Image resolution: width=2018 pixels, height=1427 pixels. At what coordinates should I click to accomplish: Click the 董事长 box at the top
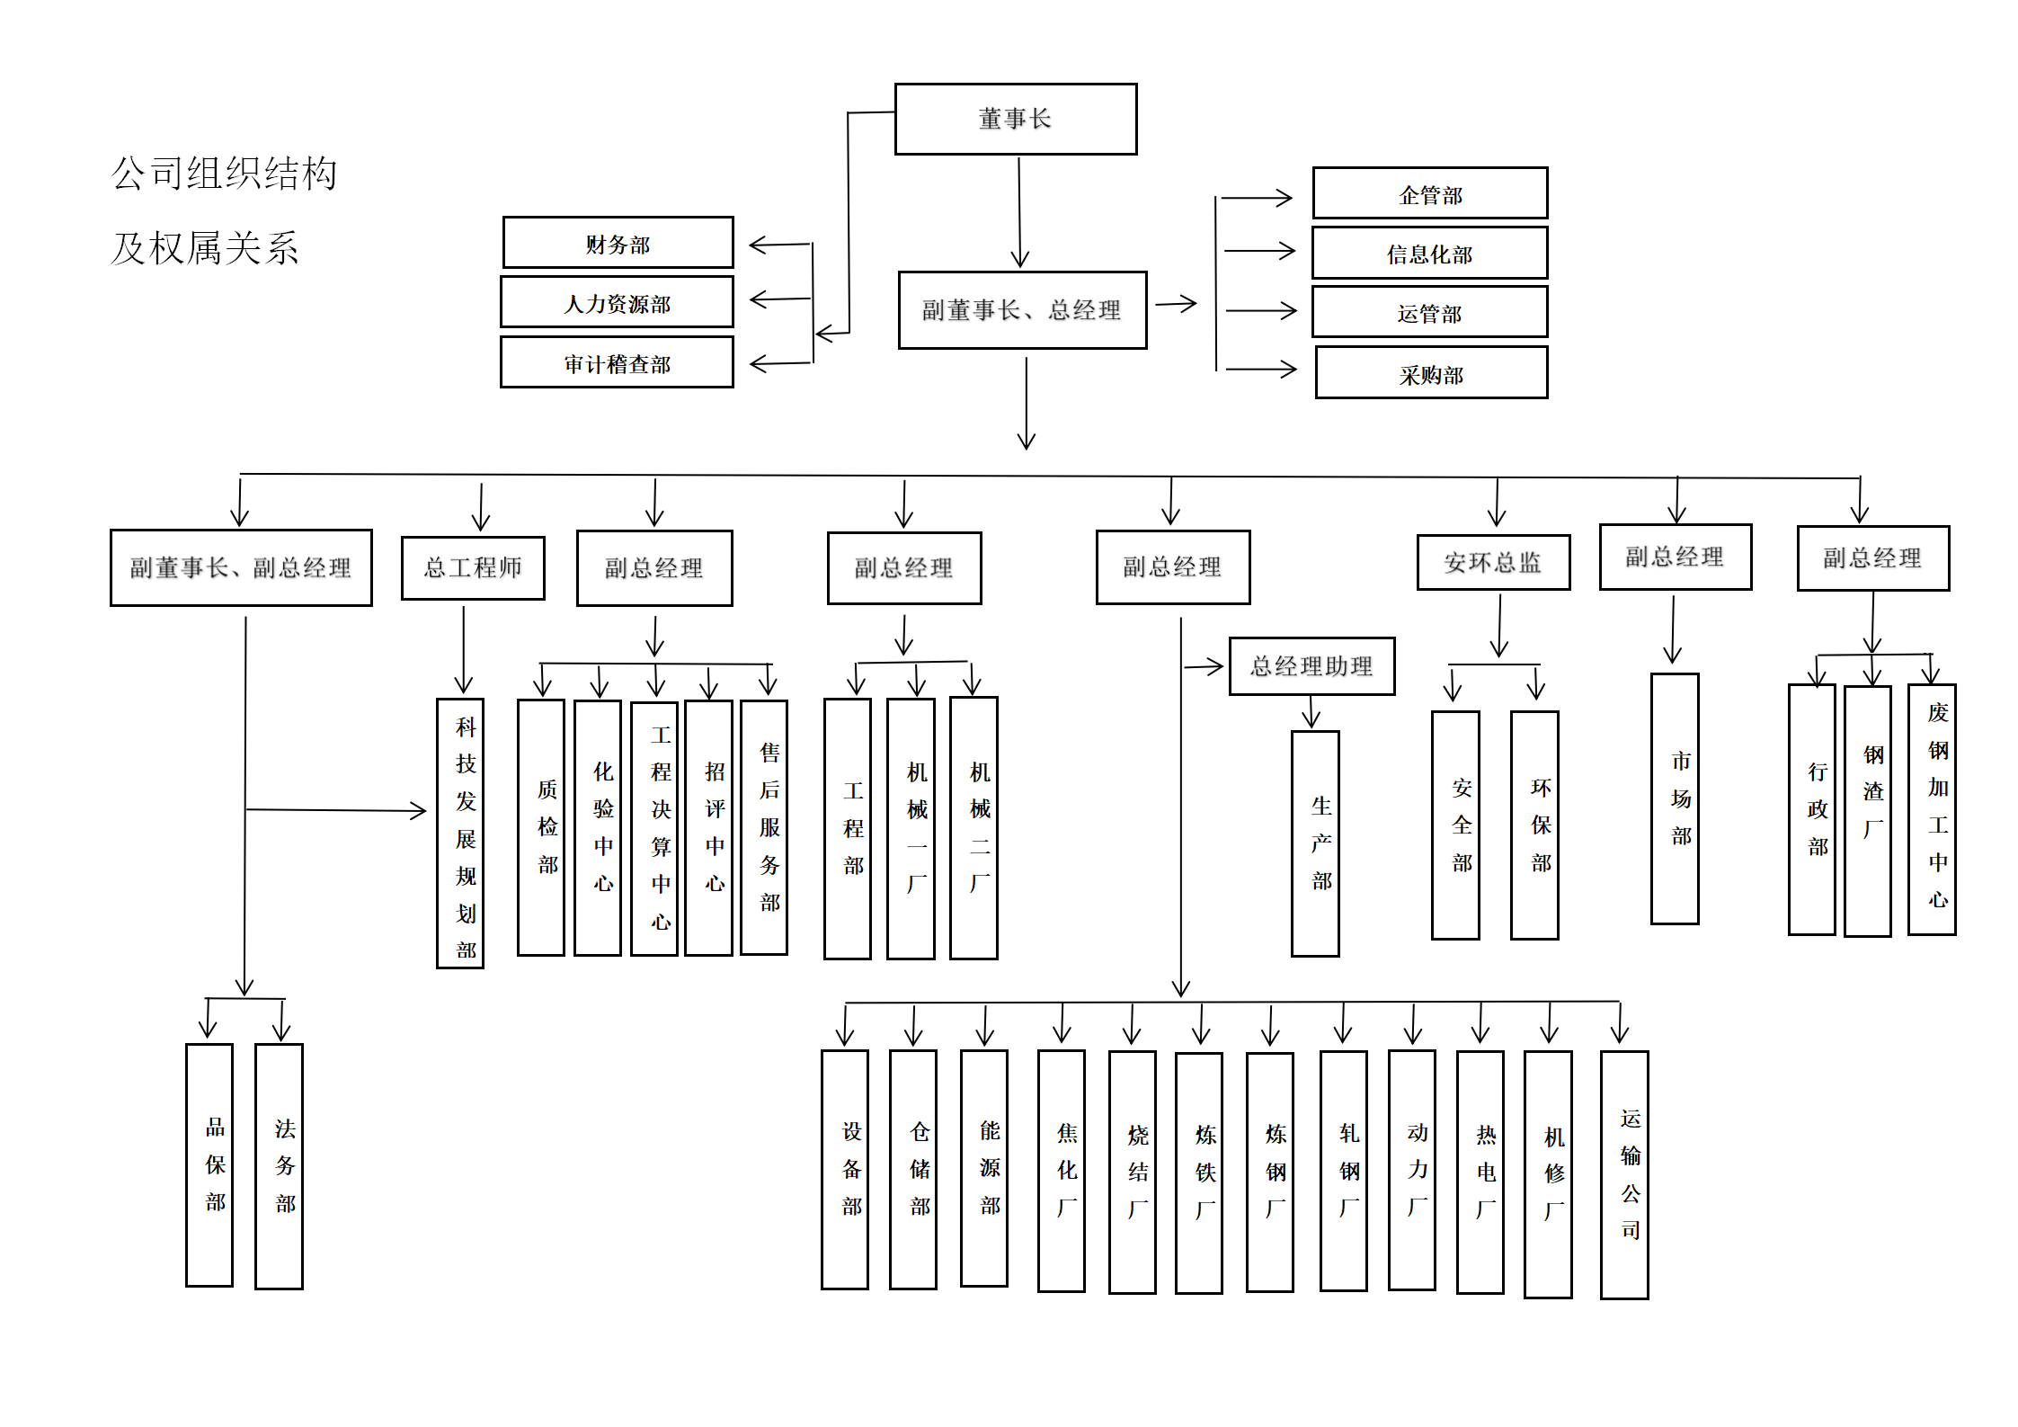click(1015, 119)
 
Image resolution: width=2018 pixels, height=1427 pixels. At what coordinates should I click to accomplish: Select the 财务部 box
click(618, 243)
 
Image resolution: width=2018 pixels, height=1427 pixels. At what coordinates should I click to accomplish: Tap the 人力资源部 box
click(617, 302)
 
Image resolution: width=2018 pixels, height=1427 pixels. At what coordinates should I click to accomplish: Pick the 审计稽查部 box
click(617, 362)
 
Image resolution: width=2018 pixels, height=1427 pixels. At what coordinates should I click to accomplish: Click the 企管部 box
click(1429, 193)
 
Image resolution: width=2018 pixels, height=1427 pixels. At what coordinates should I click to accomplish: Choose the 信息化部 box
click(1429, 254)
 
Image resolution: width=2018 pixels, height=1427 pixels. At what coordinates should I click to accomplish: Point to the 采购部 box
click(1431, 373)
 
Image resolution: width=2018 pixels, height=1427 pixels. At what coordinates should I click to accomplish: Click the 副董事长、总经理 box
click(1022, 310)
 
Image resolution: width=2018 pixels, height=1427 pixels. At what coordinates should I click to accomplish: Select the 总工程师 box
click(473, 567)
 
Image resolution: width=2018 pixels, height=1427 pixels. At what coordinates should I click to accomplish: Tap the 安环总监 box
click(1493, 563)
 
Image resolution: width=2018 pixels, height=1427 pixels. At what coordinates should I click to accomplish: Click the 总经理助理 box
click(1311, 666)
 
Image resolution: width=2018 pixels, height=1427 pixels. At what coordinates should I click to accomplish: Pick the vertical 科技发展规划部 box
click(460, 833)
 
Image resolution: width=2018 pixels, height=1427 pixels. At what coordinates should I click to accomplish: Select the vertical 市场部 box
click(1675, 798)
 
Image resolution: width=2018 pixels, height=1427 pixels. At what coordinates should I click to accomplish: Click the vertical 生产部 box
click(1315, 843)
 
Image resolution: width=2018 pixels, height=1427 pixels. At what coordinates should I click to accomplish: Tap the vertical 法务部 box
click(279, 1165)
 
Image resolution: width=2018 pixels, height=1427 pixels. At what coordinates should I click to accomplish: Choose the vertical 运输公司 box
click(1624, 1174)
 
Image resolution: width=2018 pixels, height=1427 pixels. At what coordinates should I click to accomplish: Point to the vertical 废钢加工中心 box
click(1932, 809)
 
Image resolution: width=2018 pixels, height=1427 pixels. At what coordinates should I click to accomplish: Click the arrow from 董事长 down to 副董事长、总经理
click(1019, 212)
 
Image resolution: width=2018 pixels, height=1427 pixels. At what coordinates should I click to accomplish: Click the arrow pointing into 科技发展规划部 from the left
click(336, 810)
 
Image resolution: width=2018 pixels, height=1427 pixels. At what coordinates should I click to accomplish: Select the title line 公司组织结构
click(225, 174)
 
